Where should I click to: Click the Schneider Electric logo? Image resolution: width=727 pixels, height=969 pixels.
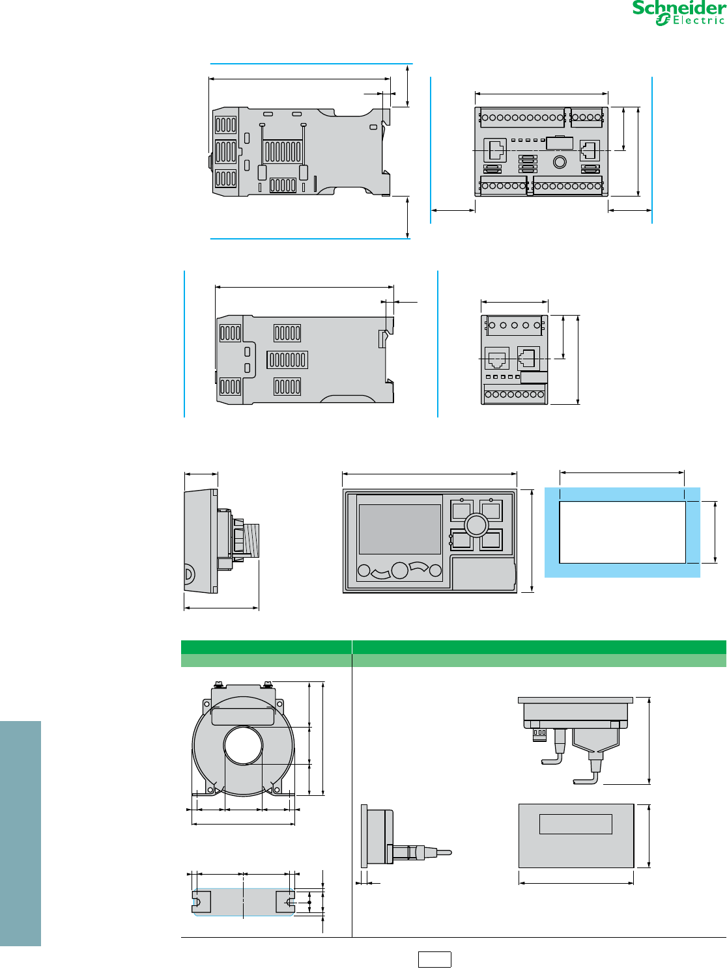tap(678, 13)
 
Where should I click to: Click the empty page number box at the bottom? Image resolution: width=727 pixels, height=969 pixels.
tap(435, 959)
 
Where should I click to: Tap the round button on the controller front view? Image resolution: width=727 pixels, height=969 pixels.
tap(559, 161)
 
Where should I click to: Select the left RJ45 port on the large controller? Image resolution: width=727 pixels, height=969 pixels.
tap(495, 150)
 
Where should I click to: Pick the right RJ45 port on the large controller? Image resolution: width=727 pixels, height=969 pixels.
tap(590, 150)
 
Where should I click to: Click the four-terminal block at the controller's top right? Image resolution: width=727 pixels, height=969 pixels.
tap(586, 118)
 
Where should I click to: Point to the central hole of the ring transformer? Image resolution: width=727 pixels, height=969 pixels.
tap(243, 746)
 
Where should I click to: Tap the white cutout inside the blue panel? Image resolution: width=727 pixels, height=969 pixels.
tap(622, 532)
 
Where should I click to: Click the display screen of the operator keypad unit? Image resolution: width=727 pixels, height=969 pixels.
tap(399, 529)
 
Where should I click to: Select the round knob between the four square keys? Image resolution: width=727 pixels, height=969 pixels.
tap(476, 525)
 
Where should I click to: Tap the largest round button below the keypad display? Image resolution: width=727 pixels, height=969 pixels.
tap(399, 571)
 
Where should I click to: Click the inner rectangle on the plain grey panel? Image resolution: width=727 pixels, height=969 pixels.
tap(575, 824)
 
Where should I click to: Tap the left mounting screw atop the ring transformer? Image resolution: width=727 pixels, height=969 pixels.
tap(218, 684)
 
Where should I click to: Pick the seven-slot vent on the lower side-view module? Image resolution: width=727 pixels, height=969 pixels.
tap(287, 359)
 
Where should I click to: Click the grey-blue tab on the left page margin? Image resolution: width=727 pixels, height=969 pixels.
tap(20, 833)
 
